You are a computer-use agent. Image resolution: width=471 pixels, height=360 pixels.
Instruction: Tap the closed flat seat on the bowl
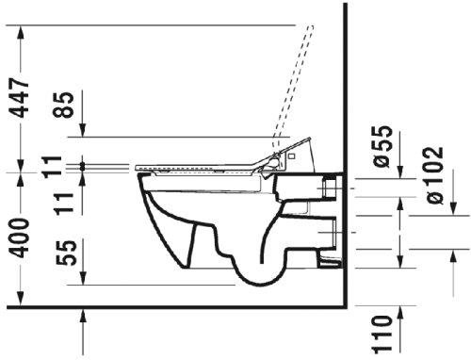point(198,168)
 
